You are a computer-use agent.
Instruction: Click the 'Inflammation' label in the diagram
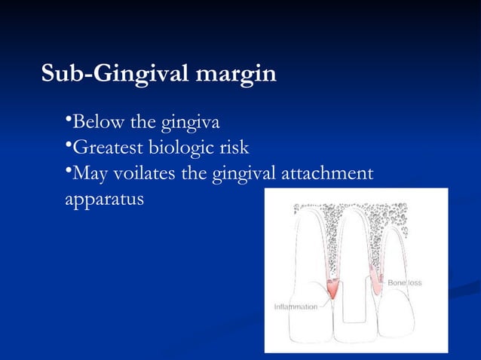click(x=295, y=307)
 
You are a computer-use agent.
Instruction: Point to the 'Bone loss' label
click(x=405, y=282)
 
